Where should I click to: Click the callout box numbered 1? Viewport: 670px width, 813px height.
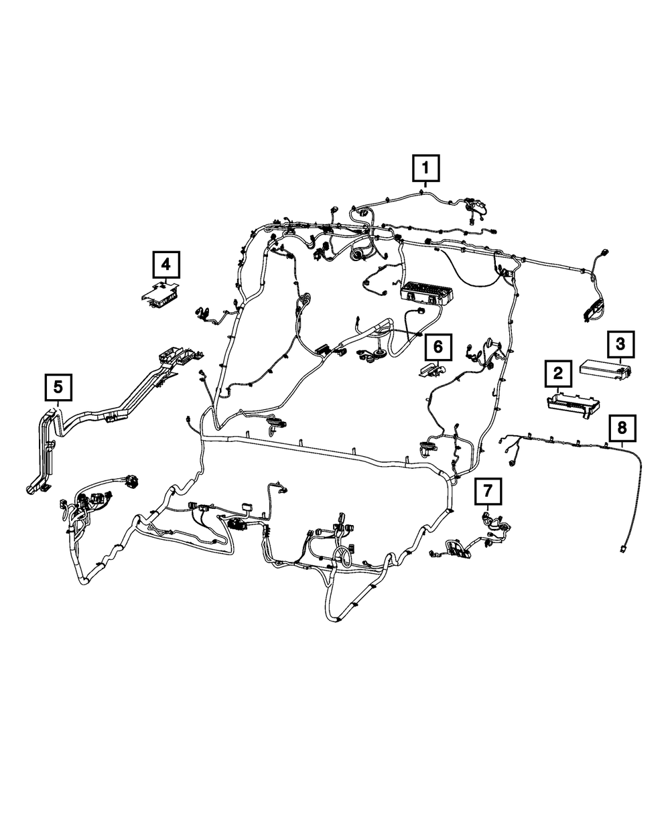click(x=426, y=169)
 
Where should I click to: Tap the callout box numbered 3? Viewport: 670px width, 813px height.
click(x=620, y=345)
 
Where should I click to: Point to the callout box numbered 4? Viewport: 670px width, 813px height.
click(x=166, y=265)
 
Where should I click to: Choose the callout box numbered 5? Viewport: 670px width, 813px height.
click(x=58, y=386)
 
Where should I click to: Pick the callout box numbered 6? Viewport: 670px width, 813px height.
click(x=438, y=347)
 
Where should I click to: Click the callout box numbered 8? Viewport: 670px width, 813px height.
click(x=622, y=426)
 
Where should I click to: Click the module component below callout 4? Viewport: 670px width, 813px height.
click(x=161, y=293)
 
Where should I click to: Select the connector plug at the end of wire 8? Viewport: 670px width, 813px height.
click(x=624, y=548)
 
